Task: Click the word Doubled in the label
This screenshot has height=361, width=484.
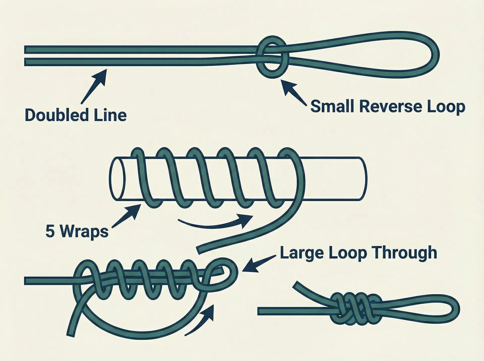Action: [56, 115]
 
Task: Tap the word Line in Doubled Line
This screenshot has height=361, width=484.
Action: [110, 115]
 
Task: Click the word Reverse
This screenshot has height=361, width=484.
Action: [389, 106]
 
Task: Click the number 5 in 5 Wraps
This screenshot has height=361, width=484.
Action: [50, 231]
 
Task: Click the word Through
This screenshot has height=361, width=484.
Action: [404, 252]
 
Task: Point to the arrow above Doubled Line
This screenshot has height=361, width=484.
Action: [94, 86]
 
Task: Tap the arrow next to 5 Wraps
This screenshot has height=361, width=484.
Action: [126, 216]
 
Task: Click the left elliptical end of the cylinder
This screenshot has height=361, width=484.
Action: [117, 179]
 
